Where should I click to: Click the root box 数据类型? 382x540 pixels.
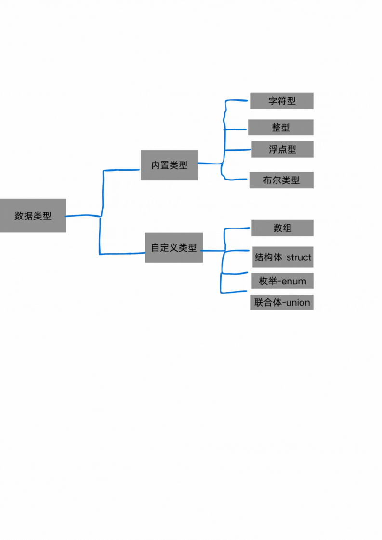click(x=33, y=216)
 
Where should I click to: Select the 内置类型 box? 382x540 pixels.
click(x=169, y=165)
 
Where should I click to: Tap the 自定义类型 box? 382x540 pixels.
click(x=173, y=248)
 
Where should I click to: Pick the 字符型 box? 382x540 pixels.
click(x=282, y=101)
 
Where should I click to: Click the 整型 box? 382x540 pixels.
click(x=281, y=128)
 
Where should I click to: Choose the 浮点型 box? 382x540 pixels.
click(x=282, y=149)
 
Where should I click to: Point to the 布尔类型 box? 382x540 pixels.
click(x=281, y=180)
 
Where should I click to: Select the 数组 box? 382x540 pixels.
click(x=282, y=228)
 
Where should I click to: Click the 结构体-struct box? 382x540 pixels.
click(x=283, y=257)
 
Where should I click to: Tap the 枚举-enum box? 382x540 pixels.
click(x=282, y=281)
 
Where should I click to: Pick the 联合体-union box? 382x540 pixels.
click(x=282, y=302)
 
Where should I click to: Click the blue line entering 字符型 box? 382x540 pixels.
click(x=238, y=101)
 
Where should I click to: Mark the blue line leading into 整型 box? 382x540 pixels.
click(x=236, y=129)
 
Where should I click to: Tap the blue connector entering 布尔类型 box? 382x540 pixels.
click(x=236, y=180)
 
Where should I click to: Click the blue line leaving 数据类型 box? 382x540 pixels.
click(x=82, y=216)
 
